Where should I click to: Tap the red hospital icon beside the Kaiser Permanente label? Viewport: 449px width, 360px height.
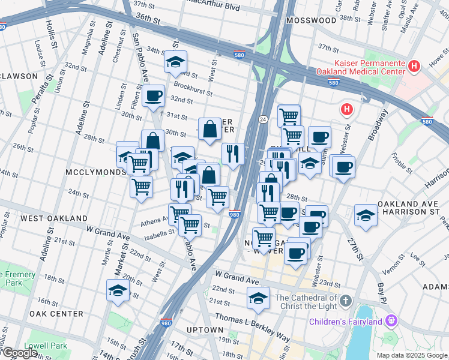pos(414,66)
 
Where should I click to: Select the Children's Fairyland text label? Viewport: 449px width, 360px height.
pos(346,322)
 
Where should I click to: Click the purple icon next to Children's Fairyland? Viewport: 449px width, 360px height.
pos(392,321)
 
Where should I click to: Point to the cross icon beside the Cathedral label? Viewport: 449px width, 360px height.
pos(345,300)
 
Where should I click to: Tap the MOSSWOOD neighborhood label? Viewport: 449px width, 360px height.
pos(312,20)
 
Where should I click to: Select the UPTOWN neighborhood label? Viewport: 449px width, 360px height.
pos(205,330)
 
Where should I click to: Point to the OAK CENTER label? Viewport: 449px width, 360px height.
pos(56,314)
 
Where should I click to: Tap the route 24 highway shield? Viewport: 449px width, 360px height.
pos(263,120)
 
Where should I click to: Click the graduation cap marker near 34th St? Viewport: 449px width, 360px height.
pos(175,62)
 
